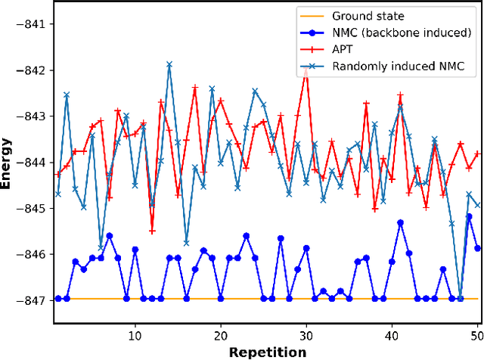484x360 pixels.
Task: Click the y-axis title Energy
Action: click(x=10, y=161)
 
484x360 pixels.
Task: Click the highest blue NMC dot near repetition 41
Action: click(x=400, y=222)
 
